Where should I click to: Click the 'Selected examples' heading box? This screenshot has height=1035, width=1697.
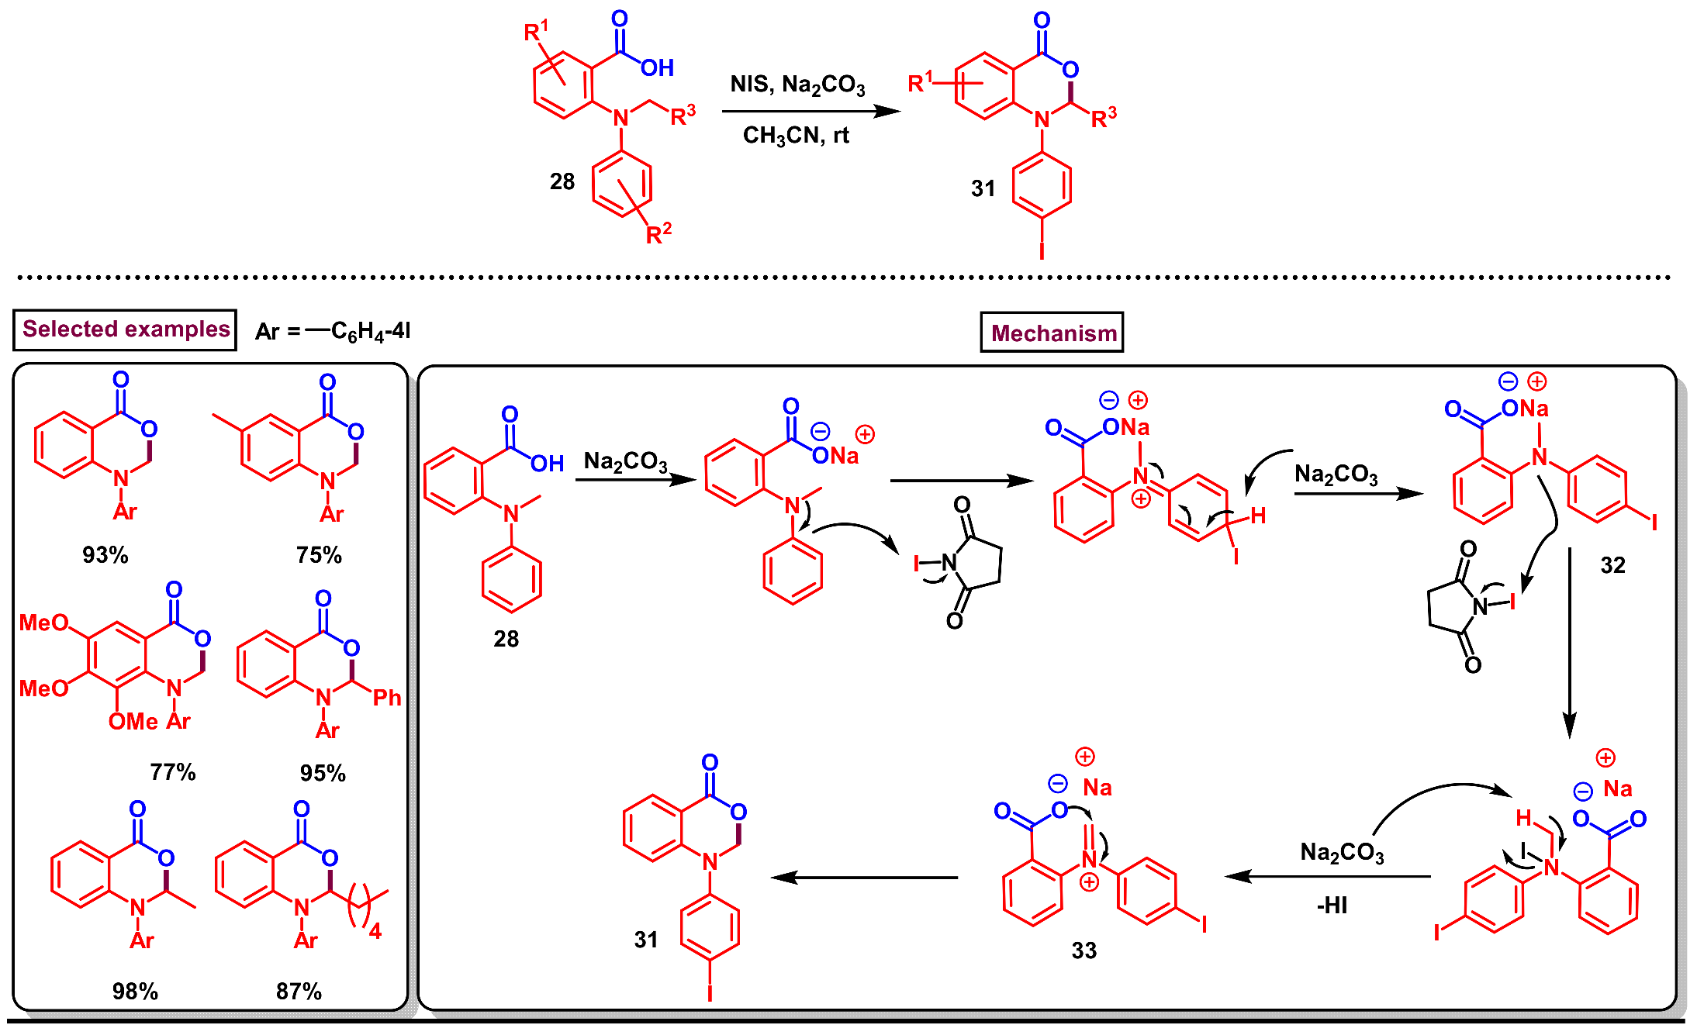125,329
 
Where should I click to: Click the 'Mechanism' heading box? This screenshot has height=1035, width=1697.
1052,333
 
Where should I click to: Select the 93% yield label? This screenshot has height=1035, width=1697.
105,555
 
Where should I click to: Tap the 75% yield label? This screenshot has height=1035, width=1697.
318,555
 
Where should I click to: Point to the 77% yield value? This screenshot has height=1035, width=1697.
172,772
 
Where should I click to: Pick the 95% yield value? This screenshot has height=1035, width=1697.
323,773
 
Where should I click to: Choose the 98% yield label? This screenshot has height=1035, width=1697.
135,992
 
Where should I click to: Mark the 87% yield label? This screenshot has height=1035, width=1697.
299,992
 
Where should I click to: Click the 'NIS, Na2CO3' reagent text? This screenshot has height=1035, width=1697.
797,85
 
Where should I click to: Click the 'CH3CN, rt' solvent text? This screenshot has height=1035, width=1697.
796,136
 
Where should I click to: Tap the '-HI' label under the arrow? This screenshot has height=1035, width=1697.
1332,906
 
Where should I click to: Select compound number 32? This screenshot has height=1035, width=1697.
1612,565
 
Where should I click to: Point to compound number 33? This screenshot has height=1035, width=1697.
1084,950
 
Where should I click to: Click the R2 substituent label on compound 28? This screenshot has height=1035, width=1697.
658,233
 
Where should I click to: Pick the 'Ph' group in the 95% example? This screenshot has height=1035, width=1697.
387,698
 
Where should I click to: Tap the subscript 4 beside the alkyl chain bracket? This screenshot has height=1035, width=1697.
375,931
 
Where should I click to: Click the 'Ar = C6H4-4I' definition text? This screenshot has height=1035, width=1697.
334,332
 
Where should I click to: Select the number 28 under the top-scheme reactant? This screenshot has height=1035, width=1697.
562,182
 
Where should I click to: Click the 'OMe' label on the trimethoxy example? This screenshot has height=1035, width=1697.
133,722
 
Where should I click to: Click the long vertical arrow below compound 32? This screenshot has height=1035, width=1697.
1569,643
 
